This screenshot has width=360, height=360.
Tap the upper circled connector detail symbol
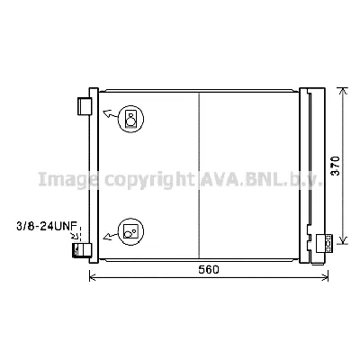point(131,118)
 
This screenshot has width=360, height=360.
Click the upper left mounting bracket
point(85,105)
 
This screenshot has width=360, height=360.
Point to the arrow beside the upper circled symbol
point(109,114)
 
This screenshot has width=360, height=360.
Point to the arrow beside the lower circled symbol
point(110,237)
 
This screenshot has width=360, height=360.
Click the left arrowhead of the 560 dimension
point(93,278)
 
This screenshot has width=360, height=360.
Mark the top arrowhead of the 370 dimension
point(342,92)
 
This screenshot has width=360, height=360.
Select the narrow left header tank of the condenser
point(94,171)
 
